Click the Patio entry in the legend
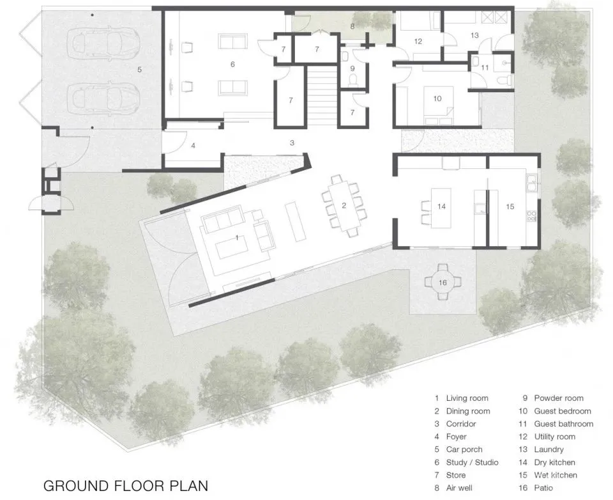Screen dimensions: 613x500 point(536,488)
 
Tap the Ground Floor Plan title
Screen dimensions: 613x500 point(126,485)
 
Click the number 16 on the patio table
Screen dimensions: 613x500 point(443,283)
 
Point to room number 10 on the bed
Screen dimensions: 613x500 point(437,98)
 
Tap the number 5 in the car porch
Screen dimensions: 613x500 point(139,70)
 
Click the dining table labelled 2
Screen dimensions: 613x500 point(344,205)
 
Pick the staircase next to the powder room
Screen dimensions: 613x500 point(321,97)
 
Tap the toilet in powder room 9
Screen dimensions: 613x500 point(352,81)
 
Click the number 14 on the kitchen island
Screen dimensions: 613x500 point(441,207)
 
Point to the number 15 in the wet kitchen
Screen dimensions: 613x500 point(510,207)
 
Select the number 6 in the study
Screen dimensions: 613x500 point(232,64)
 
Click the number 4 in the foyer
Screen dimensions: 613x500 point(193,146)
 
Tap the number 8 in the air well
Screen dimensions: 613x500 point(352,27)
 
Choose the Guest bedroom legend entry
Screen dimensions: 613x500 point(555,411)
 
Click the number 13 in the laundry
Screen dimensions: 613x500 point(474,35)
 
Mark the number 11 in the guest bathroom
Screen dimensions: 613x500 point(485,67)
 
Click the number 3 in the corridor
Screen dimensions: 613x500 point(292,143)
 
